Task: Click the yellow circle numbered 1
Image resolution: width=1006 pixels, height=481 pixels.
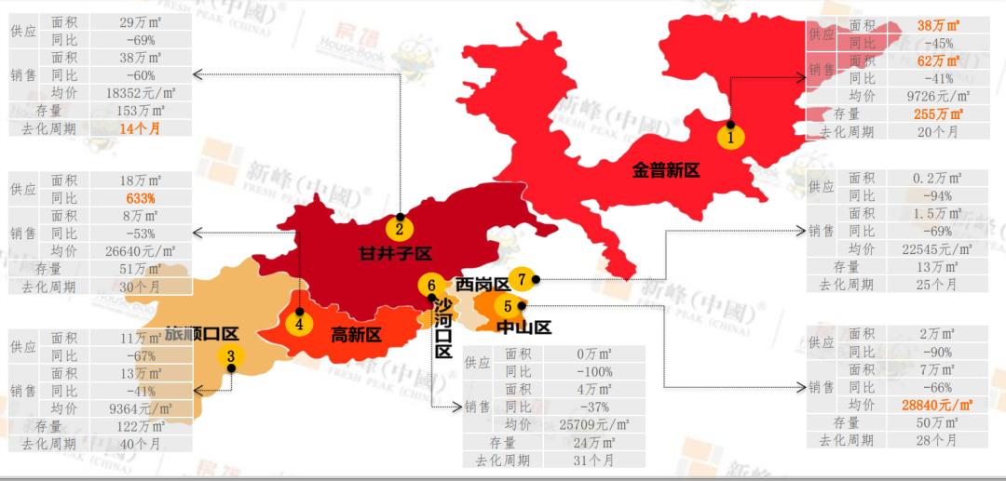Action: (x=731, y=136)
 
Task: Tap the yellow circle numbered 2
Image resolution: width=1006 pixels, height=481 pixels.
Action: (x=399, y=228)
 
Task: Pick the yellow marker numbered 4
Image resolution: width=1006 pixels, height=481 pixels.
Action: (x=299, y=324)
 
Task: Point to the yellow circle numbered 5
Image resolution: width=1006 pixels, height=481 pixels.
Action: (x=508, y=305)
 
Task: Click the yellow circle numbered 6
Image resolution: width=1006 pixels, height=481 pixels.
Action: (x=430, y=286)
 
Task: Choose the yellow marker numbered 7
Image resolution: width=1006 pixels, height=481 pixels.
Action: (x=523, y=278)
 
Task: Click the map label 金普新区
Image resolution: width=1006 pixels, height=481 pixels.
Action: (x=665, y=169)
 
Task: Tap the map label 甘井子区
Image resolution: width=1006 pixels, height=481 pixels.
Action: (x=397, y=252)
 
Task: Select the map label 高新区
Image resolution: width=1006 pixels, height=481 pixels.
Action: (x=357, y=335)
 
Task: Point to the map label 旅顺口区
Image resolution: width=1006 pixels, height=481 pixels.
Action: (x=202, y=333)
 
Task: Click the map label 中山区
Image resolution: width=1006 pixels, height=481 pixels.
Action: (x=523, y=327)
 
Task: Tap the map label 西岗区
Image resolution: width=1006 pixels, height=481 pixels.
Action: (x=483, y=284)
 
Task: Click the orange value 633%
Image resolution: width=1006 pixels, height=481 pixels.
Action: (x=141, y=198)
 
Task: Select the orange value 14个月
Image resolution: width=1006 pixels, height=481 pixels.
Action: (x=141, y=128)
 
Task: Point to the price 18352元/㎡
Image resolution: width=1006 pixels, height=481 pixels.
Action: (x=143, y=92)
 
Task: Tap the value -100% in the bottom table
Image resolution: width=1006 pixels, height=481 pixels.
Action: (x=592, y=371)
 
